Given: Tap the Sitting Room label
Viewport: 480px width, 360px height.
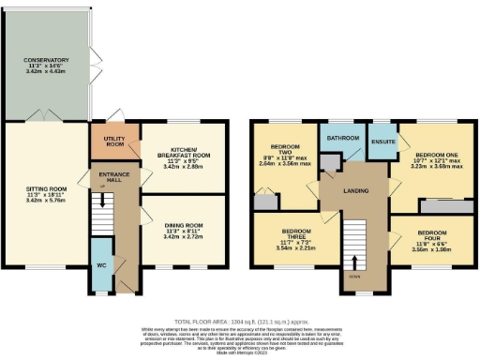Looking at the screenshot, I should pyautogui.click(x=46, y=187).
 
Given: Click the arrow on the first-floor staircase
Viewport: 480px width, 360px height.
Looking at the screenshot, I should pyautogui.click(x=355, y=262).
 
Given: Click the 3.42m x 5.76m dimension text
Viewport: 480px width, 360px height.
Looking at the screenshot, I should pyautogui.click(x=46, y=201).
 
